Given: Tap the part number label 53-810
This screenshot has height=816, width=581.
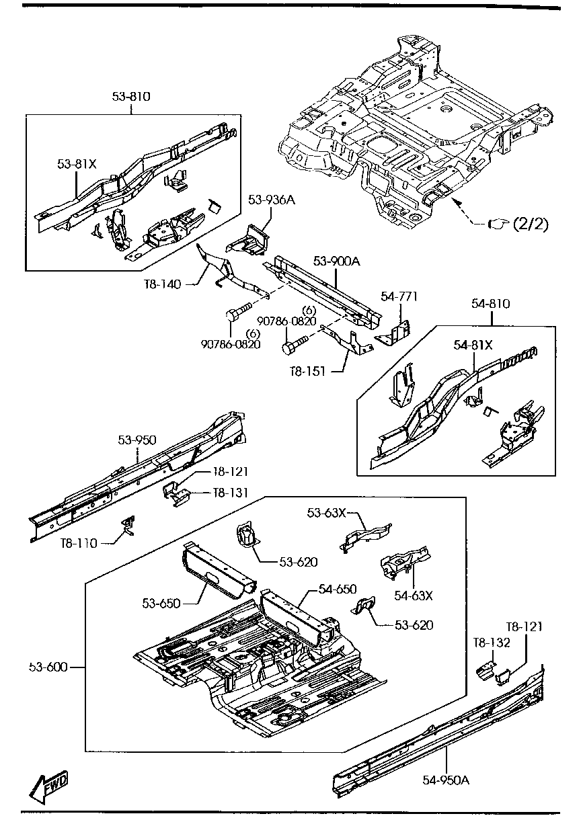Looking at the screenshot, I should point(131,97).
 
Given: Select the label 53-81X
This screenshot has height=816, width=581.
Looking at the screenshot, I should point(77,163).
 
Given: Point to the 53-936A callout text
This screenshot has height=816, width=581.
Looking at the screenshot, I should point(271,200).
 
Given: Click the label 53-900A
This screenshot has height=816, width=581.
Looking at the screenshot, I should point(336,261).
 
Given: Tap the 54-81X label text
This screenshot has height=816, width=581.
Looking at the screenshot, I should point(473,345).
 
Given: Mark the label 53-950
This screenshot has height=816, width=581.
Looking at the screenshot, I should point(137,440).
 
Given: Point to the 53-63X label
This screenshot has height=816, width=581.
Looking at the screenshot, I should point(327,513).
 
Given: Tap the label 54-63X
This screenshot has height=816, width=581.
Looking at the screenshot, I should point(413,595).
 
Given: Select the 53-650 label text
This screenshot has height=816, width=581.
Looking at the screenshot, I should point(161,603).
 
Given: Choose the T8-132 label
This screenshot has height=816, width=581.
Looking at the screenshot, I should point(492,643).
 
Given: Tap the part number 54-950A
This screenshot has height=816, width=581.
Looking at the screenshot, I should point(446,780).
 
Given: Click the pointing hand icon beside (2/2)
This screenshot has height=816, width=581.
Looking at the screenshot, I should point(497,224).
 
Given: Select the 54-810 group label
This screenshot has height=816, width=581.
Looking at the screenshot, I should point(490,304).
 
